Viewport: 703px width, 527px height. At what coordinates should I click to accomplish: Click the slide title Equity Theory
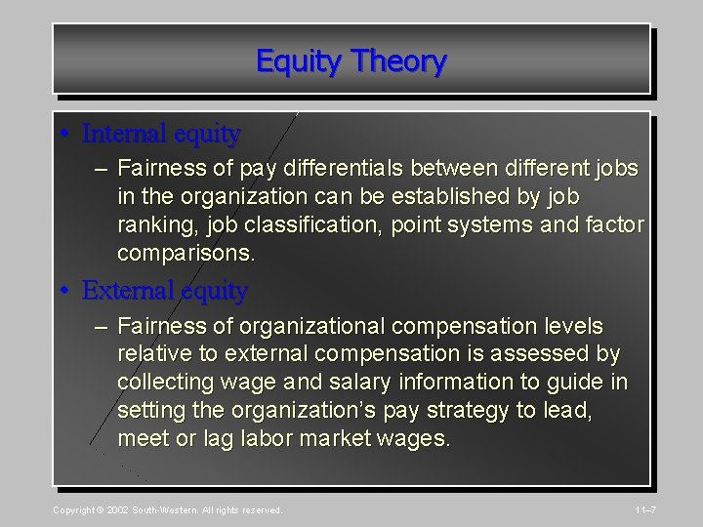coord(351,61)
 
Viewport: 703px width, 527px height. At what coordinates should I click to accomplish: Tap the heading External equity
coord(165,290)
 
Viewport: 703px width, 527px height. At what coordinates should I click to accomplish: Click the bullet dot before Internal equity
coord(66,132)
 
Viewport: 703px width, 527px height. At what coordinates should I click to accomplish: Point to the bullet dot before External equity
coord(66,291)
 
